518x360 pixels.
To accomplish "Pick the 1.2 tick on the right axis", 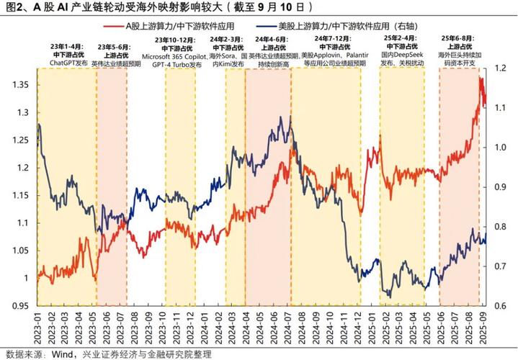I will tap(496, 69).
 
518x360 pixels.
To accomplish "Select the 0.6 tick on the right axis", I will tap(496, 305).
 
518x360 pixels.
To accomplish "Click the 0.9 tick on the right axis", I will tap(496, 187).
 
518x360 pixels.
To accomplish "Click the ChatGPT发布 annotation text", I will tap(69, 63).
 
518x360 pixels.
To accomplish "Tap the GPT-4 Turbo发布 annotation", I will tap(177, 64).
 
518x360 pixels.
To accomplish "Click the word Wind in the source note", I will tap(66, 353).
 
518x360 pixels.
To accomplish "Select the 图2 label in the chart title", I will tap(12, 8).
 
